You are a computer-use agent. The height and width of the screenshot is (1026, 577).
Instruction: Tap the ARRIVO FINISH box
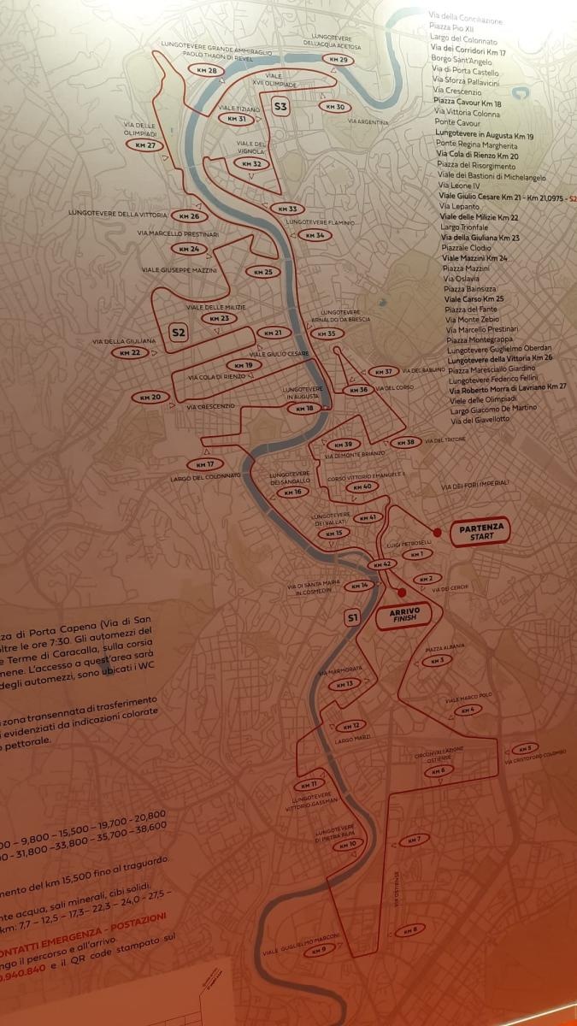point(403,616)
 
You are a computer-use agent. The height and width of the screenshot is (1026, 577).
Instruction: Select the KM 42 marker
point(381,565)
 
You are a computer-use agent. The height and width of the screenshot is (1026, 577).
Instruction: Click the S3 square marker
point(280,106)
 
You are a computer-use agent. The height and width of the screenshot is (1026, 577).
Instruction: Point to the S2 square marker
point(178,333)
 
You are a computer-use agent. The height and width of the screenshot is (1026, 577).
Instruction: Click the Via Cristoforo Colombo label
point(536,758)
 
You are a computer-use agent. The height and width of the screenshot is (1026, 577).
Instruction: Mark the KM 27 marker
point(145,145)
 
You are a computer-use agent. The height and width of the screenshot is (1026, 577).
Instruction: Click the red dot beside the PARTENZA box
point(437,533)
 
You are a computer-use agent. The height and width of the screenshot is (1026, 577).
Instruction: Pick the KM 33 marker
point(288,209)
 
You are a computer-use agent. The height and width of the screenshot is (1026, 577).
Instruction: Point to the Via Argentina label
point(368,122)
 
